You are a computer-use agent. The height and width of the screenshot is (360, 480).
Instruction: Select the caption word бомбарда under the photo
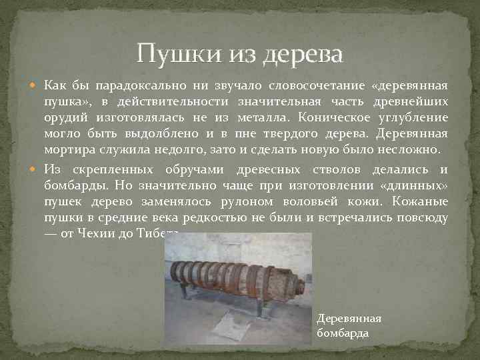(343, 332)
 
